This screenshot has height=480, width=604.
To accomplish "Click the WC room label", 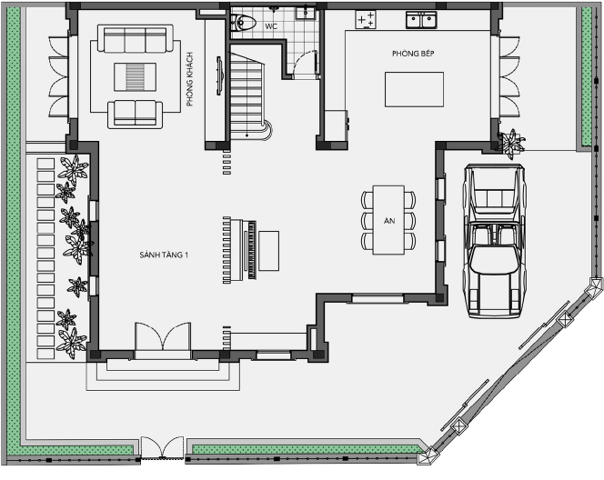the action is [271, 26].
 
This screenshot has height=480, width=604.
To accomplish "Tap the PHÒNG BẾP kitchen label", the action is [413, 54].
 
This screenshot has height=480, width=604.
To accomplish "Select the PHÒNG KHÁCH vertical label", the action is [189, 79].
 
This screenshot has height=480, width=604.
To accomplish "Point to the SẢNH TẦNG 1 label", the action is [164, 255].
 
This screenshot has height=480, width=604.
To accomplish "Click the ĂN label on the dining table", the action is [389, 221].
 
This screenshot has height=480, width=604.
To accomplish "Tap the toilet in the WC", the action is [243, 23].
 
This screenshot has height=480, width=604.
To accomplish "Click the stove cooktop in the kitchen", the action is [365, 19].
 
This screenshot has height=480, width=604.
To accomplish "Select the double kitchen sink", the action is [421, 20].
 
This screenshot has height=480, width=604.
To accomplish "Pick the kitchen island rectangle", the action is [414, 89].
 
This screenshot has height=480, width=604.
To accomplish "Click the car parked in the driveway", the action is [494, 241].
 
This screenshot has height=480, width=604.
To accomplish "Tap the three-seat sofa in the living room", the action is [136, 38].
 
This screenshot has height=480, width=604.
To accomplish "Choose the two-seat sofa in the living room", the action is [136, 114].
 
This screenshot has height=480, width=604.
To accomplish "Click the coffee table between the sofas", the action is [135, 77].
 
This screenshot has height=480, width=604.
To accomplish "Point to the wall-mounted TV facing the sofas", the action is [219, 75].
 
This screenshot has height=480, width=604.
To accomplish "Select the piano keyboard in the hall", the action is [252, 250].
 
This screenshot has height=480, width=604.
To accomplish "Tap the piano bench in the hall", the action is [269, 251].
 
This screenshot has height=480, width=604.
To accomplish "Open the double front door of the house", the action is [163, 336].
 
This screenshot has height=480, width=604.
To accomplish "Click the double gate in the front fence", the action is [163, 447].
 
